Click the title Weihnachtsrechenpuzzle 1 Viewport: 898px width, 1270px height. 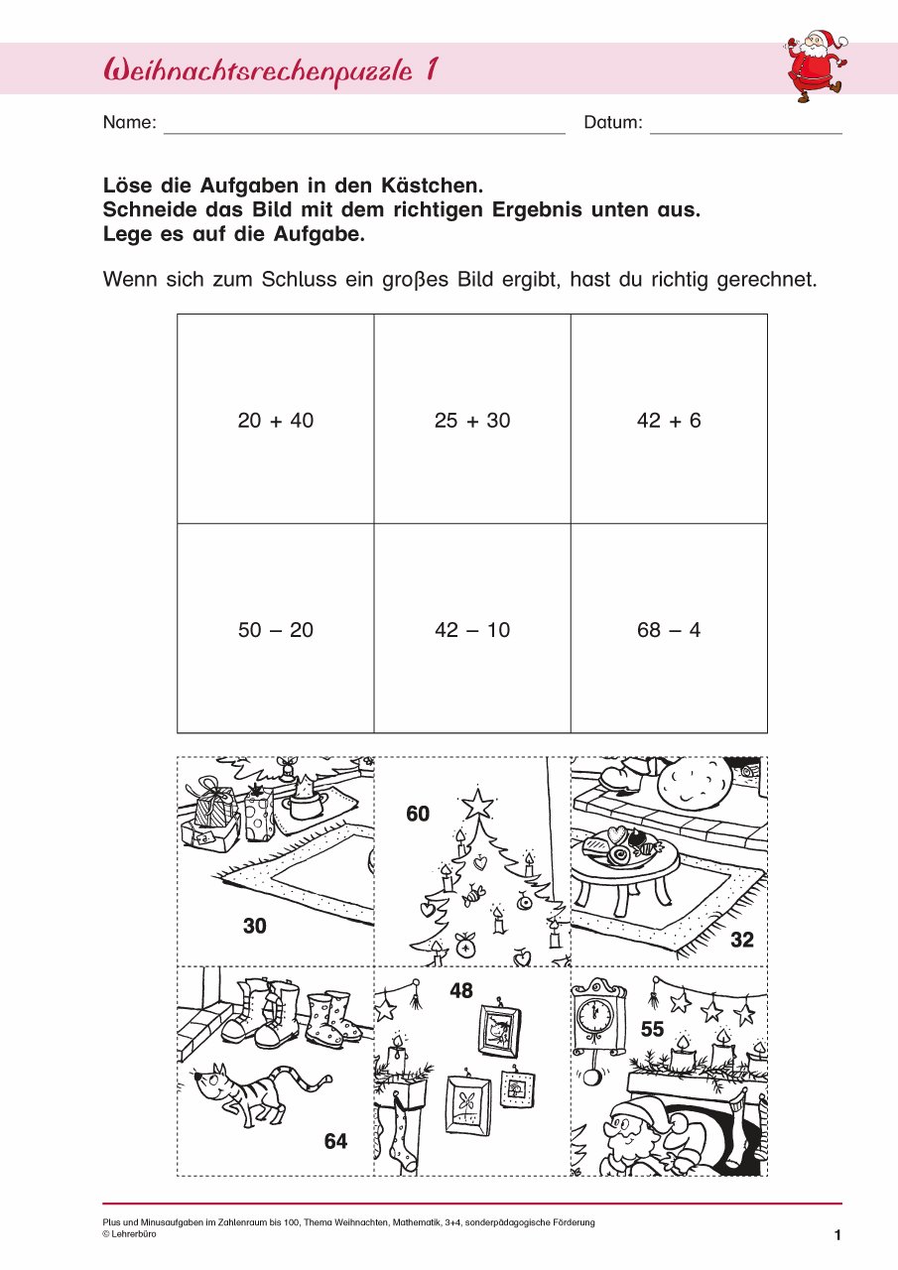(271, 70)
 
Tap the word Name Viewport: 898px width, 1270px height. (129, 123)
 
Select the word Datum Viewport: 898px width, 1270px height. (613, 123)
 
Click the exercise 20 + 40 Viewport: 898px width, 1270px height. (275, 421)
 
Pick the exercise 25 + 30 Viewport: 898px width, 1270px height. (472, 421)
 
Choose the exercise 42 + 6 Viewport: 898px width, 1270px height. (669, 421)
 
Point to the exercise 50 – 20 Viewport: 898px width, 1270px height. (275, 630)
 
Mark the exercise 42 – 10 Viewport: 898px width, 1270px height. (472, 630)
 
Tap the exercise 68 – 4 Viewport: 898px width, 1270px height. (669, 630)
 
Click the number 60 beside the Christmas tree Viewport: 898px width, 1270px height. (418, 815)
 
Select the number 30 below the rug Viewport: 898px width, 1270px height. (255, 927)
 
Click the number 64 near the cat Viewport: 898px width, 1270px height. (335, 1142)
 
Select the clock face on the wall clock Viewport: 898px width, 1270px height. (596, 1013)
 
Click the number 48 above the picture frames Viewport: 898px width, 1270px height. (461, 991)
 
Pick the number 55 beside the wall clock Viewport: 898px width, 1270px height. (652, 1031)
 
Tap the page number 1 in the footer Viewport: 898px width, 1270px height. (837, 1235)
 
